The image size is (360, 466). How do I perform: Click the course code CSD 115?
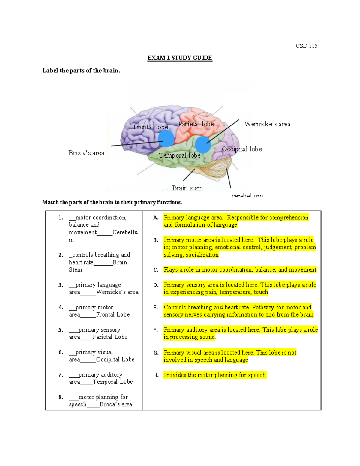click(306, 46)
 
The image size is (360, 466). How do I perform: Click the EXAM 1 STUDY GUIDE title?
click(180, 58)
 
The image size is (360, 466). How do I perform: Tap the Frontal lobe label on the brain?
click(150, 127)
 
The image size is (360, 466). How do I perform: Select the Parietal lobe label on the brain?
click(196, 124)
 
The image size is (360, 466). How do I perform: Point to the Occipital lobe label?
click(242, 149)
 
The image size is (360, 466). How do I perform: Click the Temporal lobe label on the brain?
click(180, 155)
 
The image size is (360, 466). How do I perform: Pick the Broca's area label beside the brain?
click(86, 153)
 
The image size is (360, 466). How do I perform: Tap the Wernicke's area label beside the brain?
click(267, 124)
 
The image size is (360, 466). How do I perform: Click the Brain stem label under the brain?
click(187, 188)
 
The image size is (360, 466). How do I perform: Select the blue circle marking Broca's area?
click(166, 138)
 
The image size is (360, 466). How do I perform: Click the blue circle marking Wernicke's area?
click(203, 144)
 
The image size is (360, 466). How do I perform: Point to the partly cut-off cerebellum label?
click(247, 196)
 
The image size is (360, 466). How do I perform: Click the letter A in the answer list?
click(156, 218)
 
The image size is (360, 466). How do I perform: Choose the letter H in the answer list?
click(156, 375)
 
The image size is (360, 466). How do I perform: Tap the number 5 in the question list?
click(61, 330)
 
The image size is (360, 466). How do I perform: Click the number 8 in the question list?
click(61, 397)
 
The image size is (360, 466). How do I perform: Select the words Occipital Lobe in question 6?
click(115, 359)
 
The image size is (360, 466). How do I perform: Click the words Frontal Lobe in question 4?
click(113, 314)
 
